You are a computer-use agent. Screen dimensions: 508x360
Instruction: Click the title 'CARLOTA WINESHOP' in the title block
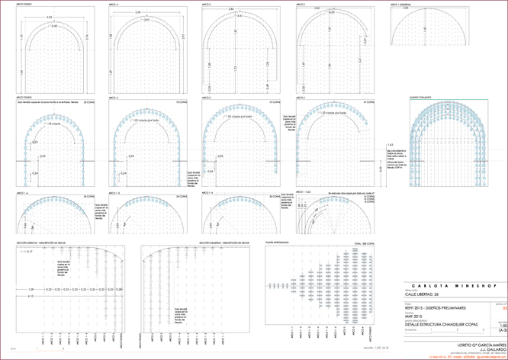pyautogui.click(x=455, y=285)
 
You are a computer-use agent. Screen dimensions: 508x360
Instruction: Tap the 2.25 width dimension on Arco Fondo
pyautogui.click(x=50, y=16)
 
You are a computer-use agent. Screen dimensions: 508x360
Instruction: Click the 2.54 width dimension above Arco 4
pyautogui.click(x=137, y=12)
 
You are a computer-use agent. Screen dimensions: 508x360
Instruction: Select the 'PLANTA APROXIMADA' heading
pyautogui.click(x=276, y=241)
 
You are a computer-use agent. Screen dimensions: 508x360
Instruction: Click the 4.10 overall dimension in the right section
pyautogui.click(x=31, y=296)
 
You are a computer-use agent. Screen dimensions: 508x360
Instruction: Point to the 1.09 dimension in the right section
pyautogui.click(x=31, y=290)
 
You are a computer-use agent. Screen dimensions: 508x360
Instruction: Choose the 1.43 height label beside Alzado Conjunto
pyautogui.click(x=391, y=144)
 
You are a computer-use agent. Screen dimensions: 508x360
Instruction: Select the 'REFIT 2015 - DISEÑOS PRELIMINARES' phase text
pyautogui.click(x=435, y=305)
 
